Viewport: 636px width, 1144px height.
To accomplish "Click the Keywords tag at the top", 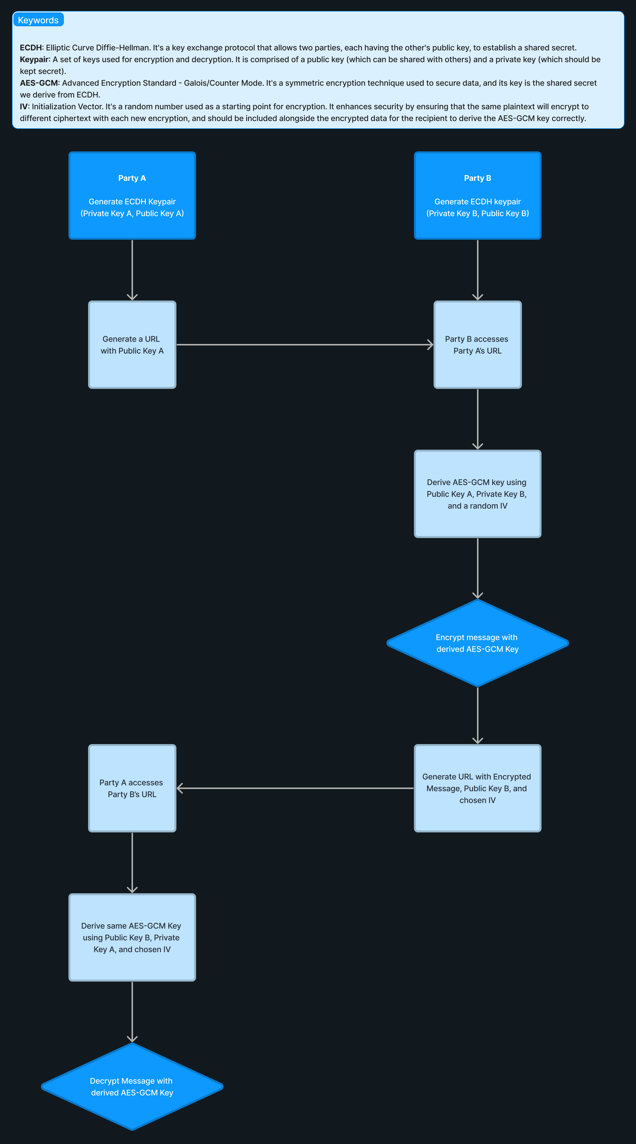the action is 38,20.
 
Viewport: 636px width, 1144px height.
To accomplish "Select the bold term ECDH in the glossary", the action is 31,48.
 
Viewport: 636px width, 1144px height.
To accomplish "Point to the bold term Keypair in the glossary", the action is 34,60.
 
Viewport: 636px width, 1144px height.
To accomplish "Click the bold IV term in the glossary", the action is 24,106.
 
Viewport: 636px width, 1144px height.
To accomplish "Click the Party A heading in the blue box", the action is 132,178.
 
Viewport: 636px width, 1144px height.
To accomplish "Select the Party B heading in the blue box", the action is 477,178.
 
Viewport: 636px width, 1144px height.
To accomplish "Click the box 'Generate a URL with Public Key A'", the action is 132,345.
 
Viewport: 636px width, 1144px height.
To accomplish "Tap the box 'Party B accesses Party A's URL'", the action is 477,345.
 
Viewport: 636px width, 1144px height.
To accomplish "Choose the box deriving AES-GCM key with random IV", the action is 477,494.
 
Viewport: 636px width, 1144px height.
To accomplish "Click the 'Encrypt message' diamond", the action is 477,643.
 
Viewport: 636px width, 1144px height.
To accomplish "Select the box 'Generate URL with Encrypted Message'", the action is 477,788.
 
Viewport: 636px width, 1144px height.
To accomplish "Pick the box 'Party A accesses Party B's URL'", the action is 132,788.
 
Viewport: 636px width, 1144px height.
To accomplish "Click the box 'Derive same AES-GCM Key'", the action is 132,937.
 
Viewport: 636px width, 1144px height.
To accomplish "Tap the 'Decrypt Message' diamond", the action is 132,1087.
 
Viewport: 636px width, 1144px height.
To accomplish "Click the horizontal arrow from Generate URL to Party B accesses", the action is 305,345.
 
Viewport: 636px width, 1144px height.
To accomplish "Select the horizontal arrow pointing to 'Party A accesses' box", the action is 295,788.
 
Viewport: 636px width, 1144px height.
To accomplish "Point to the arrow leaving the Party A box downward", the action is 132,270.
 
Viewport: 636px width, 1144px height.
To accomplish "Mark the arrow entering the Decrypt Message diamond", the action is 132,1012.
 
